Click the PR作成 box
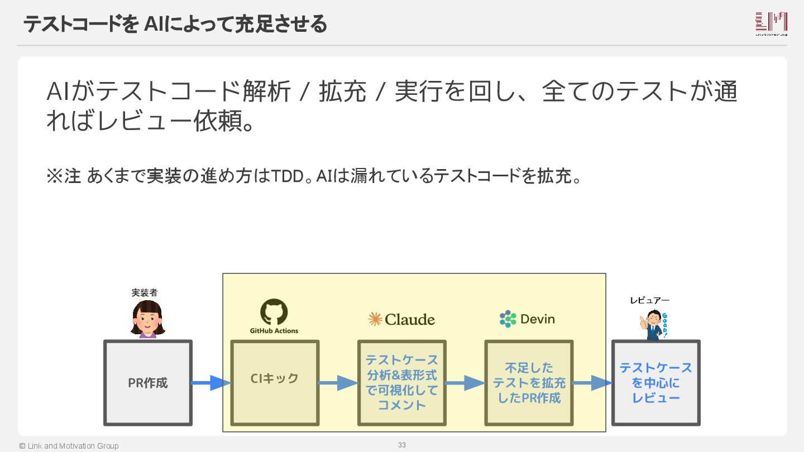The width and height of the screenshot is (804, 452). click(148, 383)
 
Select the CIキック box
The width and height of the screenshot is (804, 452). click(275, 383)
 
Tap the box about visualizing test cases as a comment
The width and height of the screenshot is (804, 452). click(402, 383)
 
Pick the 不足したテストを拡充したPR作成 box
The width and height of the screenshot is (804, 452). click(529, 383)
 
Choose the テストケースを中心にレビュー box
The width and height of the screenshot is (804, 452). click(655, 383)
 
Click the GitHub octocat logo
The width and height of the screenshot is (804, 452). click(274, 312)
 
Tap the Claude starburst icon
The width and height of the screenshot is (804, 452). click(375, 319)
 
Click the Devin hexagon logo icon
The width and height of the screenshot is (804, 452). click(508, 319)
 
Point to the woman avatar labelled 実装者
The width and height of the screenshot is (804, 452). click(147, 319)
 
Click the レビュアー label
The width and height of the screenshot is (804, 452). click(649, 300)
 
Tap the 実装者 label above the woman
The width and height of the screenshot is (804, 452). click(148, 292)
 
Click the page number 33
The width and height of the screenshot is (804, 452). click(401, 445)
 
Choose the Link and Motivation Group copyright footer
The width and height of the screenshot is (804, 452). click(69, 446)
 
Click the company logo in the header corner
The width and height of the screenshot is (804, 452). click(771, 23)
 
